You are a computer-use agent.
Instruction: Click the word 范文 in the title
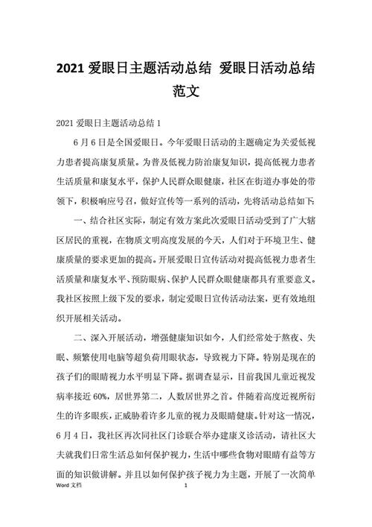tap(186, 94)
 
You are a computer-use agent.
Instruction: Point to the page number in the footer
tap(186, 505)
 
